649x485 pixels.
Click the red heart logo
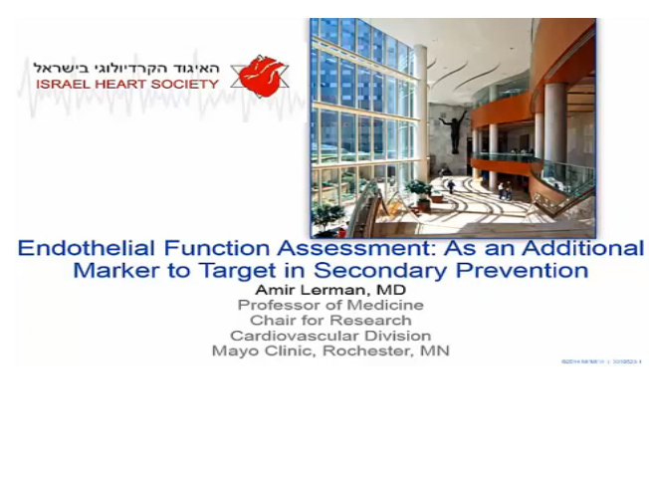click(x=260, y=76)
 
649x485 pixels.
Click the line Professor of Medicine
click(x=329, y=305)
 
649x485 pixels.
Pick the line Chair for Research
click(x=329, y=320)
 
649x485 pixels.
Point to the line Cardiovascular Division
click(x=329, y=335)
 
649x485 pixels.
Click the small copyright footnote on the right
click(x=601, y=362)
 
